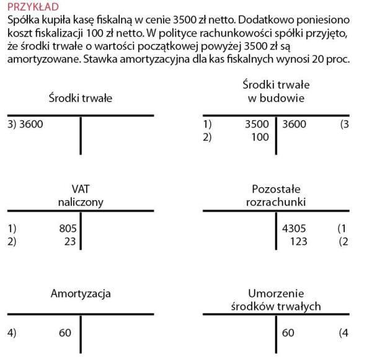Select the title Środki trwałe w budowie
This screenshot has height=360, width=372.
click(276, 91)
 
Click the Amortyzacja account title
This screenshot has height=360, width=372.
click(81, 293)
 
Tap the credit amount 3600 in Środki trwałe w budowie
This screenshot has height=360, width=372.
click(294, 125)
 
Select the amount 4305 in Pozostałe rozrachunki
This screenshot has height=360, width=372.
click(294, 229)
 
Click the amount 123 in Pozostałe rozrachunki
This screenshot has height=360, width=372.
click(298, 241)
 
